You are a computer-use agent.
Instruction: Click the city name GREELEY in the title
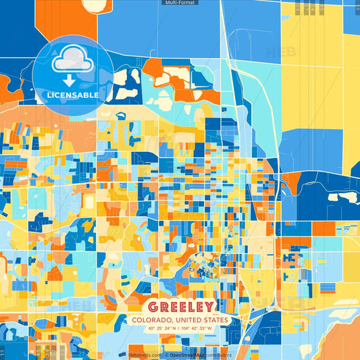[180, 306]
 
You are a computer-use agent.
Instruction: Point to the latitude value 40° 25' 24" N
[155, 329]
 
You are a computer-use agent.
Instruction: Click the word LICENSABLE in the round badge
[73, 95]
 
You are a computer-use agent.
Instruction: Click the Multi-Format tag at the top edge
[180, 3]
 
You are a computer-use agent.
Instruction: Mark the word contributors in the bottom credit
[219, 355]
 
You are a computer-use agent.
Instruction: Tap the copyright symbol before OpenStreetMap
[165, 355]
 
